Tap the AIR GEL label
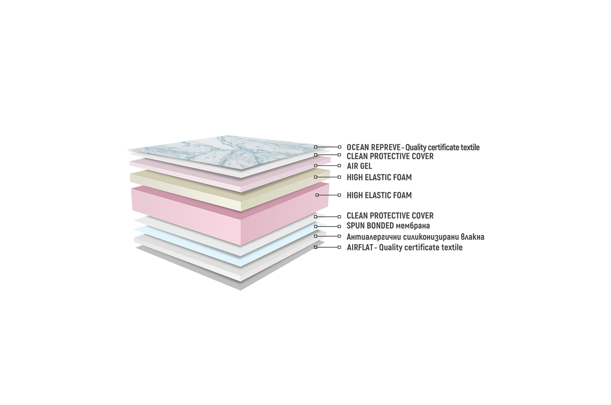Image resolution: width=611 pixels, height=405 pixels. (359, 166)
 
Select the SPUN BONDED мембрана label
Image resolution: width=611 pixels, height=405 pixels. (388, 226)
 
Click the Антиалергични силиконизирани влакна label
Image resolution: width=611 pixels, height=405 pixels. (415, 237)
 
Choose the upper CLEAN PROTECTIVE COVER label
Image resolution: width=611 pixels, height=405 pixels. (390, 156)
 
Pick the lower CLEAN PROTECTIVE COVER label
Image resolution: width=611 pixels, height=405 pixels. (390, 216)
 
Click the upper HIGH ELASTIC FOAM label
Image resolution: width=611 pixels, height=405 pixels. (379, 177)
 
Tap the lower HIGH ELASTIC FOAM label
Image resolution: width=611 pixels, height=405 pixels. (379, 195)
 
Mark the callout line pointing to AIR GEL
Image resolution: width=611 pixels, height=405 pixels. (327, 166)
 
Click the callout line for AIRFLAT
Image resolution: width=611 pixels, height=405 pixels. (327, 247)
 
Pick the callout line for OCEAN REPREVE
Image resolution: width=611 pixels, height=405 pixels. (327, 147)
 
